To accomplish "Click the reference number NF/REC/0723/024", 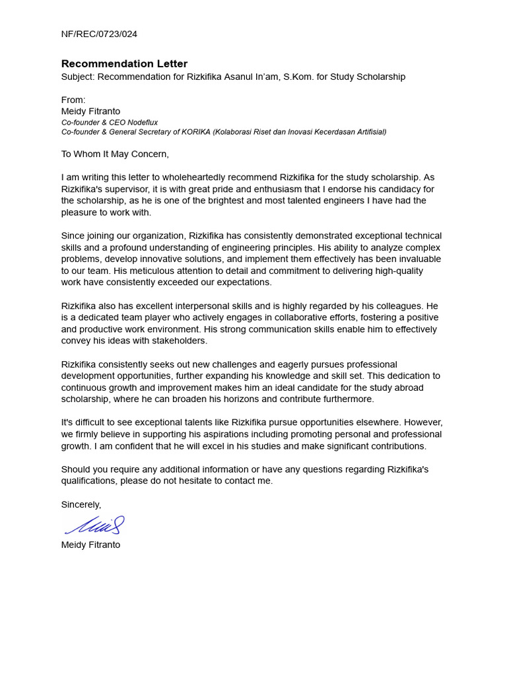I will (99, 34).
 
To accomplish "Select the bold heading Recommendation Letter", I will (124, 63).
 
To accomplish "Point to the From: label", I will (73, 100).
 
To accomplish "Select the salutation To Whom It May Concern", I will (115, 154).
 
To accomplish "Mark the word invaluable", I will (417, 259).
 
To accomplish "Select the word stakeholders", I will (180, 341).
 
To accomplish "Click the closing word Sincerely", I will (81, 504).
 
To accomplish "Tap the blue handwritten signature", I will (94, 525).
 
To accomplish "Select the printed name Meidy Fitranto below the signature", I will (90, 545).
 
